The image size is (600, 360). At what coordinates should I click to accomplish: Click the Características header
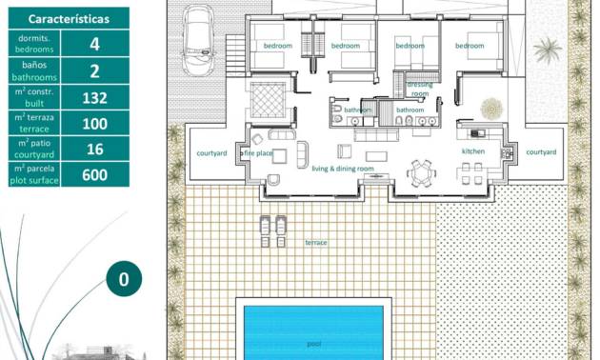[x=68, y=18]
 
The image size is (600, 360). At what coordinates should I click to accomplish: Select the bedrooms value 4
[x=93, y=44]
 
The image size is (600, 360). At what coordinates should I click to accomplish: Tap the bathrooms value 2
[x=93, y=70]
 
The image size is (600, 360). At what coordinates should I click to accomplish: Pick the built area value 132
[x=93, y=96]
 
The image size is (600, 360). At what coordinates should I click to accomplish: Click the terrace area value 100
[x=93, y=122]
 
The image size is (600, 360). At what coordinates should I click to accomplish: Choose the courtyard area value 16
[x=93, y=148]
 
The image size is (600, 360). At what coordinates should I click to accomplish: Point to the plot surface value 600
[x=93, y=174]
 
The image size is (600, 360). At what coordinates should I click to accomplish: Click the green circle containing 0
[x=123, y=280]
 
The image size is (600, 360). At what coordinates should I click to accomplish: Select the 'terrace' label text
[x=315, y=243]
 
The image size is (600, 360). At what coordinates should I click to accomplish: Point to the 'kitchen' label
[x=473, y=151]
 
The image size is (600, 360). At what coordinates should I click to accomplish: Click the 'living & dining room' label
[x=343, y=169]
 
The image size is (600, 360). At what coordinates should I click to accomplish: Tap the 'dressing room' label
[x=419, y=90]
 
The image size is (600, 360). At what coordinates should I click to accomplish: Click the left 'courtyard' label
[x=210, y=152]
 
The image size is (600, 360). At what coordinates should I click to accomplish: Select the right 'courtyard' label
[x=540, y=152]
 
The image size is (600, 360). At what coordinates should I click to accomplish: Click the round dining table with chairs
[x=420, y=172]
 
